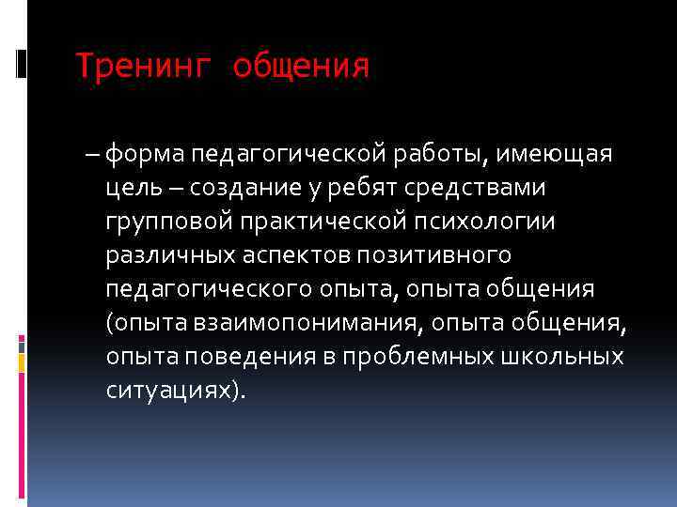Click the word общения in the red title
pyautogui.click(x=301, y=67)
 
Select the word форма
pyautogui.click(x=146, y=154)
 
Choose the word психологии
pyautogui.click(x=488, y=222)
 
